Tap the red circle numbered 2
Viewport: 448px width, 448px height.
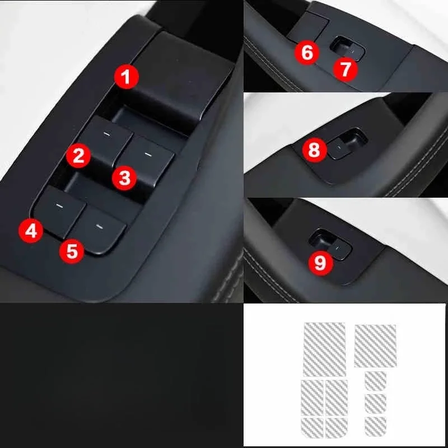[x=78, y=155]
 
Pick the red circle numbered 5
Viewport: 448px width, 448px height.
[x=72, y=250]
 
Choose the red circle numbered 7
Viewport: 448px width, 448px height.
[x=345, y=69]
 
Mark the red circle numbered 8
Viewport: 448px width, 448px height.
[x=314, y=150]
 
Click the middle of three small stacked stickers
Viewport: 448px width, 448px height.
[x=374, y=402]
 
